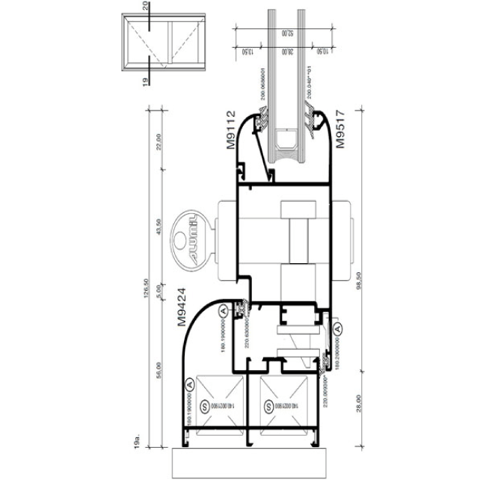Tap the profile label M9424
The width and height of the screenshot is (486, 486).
point(182,309)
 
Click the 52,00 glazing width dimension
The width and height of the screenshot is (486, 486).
point(284,33)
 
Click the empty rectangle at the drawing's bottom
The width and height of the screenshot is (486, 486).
point(250,462)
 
